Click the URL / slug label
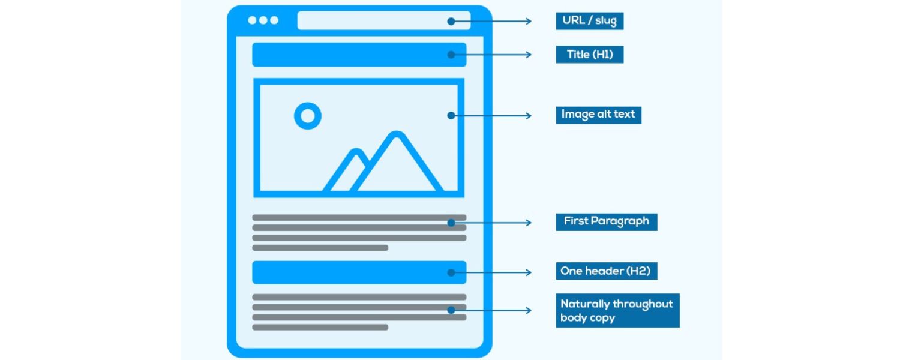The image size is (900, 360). coord(590,21)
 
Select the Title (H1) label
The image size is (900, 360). coord(589,55)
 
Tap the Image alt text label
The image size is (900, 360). coord(598,114)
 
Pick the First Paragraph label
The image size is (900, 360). coord(606,221)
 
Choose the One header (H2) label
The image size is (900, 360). coord(605,271)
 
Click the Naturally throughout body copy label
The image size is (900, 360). coord(617,310)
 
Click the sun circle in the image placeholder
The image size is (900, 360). coord(308,116)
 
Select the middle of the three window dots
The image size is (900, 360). coord(263,20)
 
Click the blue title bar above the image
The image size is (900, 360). coord(359,55)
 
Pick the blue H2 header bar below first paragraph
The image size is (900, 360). coord(359,272)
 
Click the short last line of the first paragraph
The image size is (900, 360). coord(320,247)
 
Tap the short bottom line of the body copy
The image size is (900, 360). coord(320,327)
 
